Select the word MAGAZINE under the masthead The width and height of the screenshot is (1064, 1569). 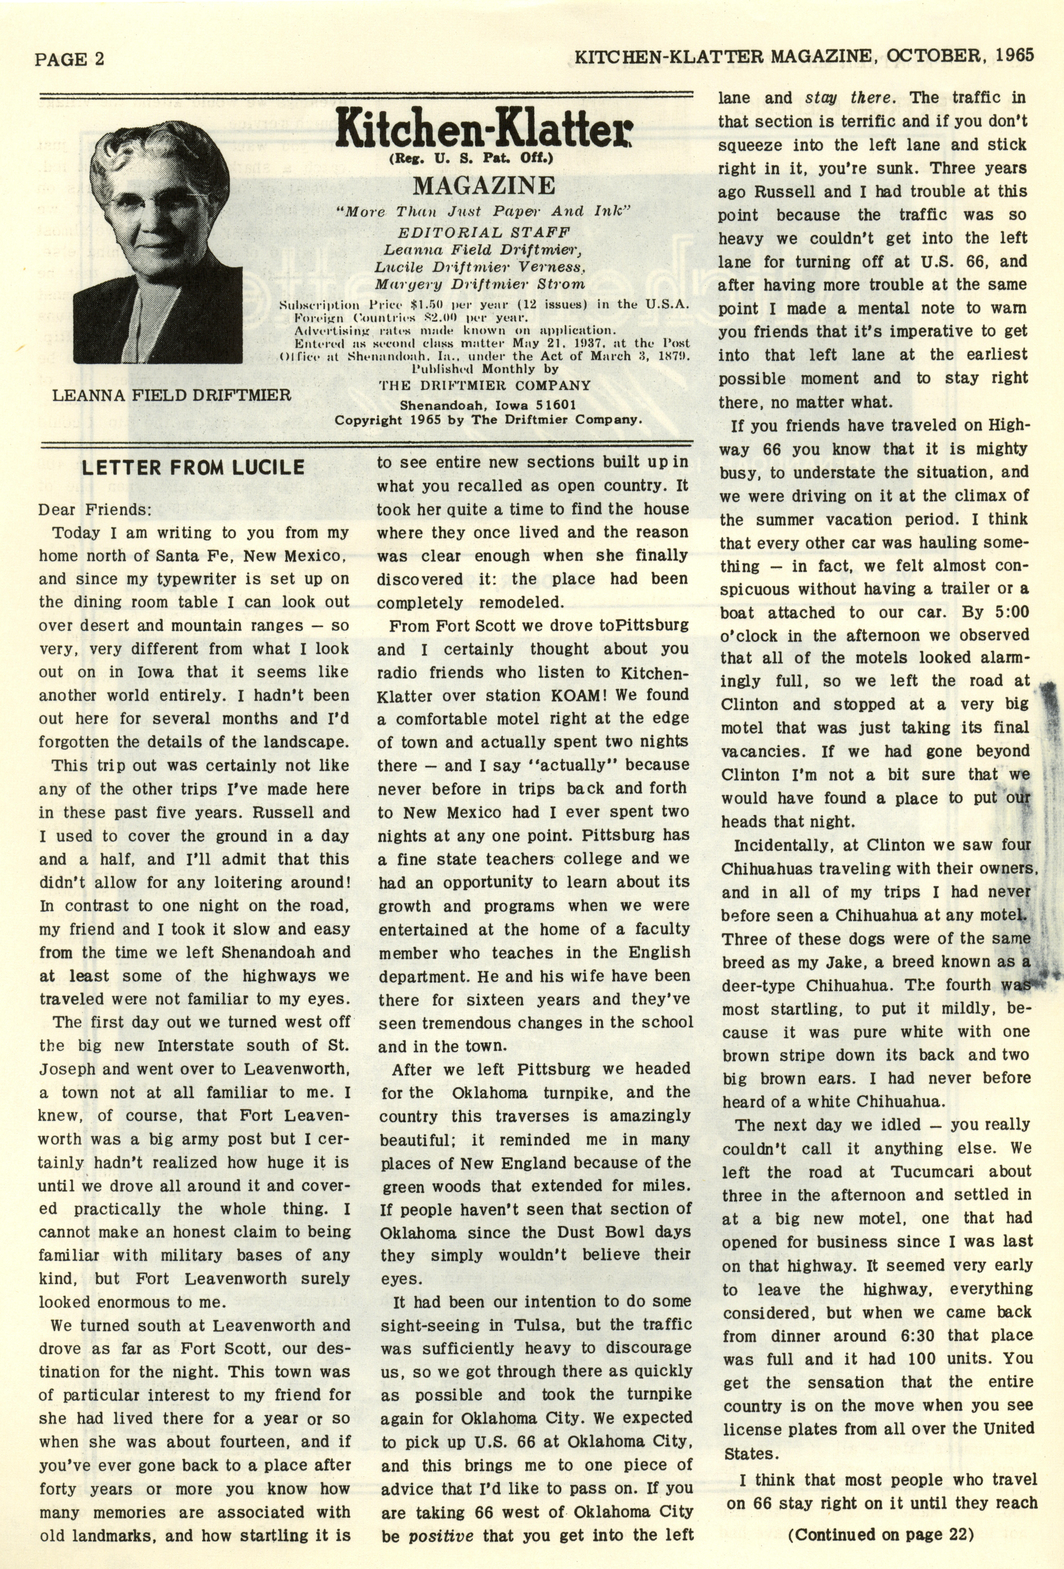[484, 185]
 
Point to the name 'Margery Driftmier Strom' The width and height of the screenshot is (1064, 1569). [480, 284]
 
